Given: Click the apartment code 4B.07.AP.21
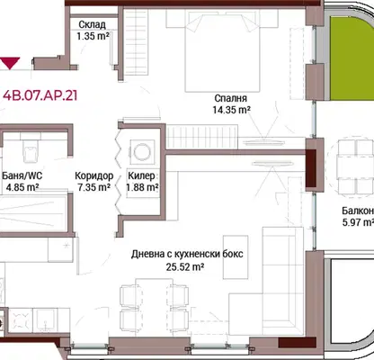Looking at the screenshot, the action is (x=40, y=95).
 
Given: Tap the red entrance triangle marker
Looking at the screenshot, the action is (x=10, y=63).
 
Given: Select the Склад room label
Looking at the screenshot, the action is (x=93, y=24).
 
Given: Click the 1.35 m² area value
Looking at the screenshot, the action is (x=93, y=36).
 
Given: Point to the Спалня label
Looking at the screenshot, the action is (x=231, y=98).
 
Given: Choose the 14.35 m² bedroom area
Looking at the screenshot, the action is (x=232, y=110).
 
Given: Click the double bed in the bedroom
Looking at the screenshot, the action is (x=222, y=51).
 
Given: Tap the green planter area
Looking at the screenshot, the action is (x=352, y=58).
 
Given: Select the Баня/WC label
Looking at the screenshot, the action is (x=22, y=175).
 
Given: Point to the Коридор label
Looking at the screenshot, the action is (x=94, y=175).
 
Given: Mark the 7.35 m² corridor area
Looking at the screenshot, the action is (x=93, y=187).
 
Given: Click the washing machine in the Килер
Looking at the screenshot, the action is (x=142, y=151).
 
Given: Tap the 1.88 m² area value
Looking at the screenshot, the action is (x=142, y=187).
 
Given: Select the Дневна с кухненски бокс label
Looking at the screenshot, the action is (x=187, y=254).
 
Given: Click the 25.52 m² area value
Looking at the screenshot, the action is (x=185, y=266).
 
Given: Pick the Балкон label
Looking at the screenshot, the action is (x=358, y=211).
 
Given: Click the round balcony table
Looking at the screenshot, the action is (x=351, y=167).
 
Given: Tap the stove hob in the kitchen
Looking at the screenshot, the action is (x=21, y=320).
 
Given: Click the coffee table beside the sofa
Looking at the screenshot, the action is (x=236, y=256).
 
